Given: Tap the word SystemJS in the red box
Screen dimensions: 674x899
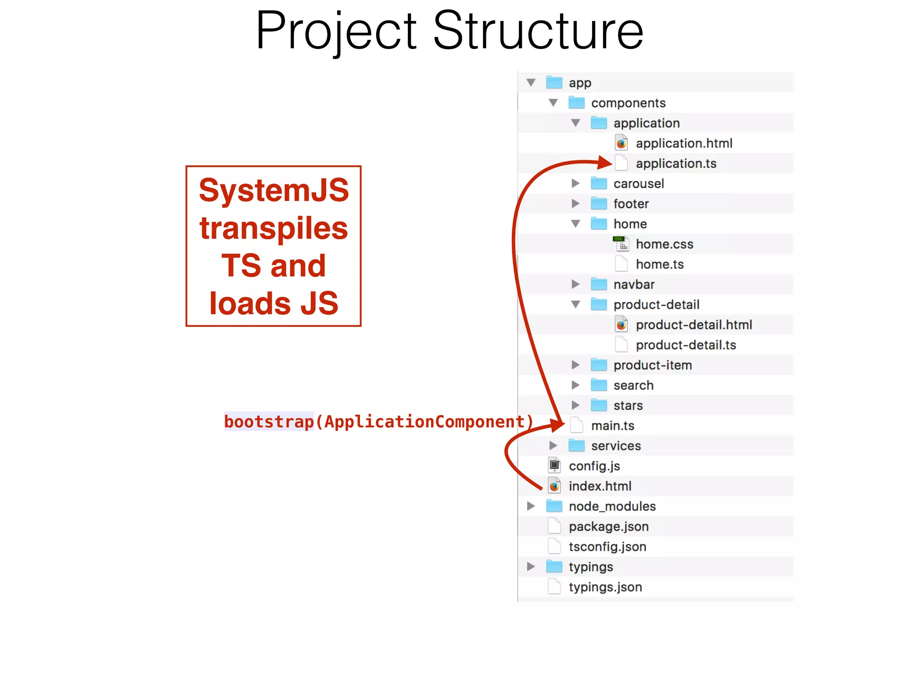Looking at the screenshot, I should point(274,190).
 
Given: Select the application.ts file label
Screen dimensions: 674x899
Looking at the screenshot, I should point(676,164).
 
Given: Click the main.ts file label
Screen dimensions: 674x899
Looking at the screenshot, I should point(612,426).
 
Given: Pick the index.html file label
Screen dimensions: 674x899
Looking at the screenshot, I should point(600,486).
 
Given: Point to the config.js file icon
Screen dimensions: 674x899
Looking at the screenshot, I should point(554,466).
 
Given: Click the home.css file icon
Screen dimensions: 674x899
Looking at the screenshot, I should point(621,244).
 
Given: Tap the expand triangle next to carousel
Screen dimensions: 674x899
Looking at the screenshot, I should point(575,183).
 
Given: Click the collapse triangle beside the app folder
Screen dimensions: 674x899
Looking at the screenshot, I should point(531,82).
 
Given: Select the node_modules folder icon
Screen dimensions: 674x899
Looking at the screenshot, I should point(554,506).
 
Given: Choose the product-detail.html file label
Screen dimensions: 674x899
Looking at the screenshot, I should point(694,325).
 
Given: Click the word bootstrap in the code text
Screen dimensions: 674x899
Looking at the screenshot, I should point(269,422).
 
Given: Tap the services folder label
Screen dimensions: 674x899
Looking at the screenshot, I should point(616,446).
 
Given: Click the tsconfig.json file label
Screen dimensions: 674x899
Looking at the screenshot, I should point(607,547).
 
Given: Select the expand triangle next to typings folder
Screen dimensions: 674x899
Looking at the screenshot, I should point(531,566).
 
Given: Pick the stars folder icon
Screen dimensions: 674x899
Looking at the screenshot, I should point(599,405).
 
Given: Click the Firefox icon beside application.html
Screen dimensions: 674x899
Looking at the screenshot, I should point(621,143).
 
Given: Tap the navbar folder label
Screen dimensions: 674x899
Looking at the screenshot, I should point(634,284).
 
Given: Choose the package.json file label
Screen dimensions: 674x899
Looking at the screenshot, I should point(608,527).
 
